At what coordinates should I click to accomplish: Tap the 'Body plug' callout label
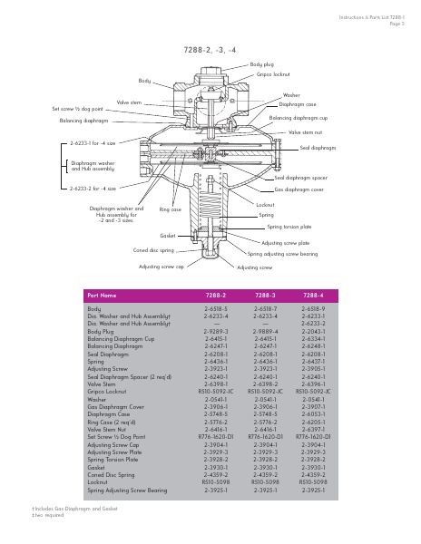click(x=262, y=65)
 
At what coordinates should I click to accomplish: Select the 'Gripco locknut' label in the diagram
click(x=272, y=75)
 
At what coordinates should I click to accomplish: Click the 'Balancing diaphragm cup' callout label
click(x=299, y=118)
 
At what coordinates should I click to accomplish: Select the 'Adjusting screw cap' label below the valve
click(x=162, y=267)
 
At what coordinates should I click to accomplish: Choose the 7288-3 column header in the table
click(x=265, y=296)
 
